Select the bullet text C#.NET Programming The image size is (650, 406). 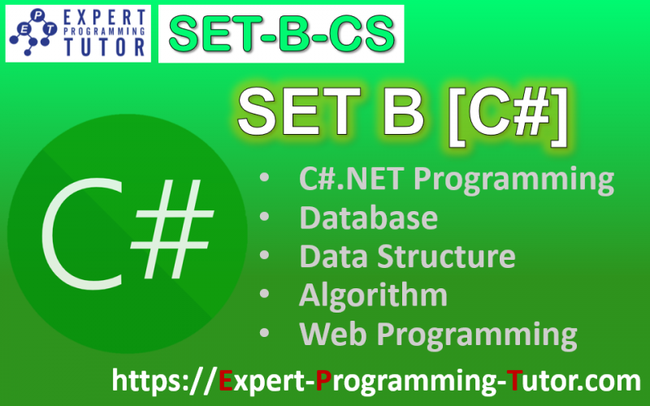click(x=456, y=179)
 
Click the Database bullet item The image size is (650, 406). click(x=368, y=218)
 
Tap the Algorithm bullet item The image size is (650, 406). click(x=373, y=295)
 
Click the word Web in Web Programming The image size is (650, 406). click(x=328, y=333)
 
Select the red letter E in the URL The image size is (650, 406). click(x=227, y=380)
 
